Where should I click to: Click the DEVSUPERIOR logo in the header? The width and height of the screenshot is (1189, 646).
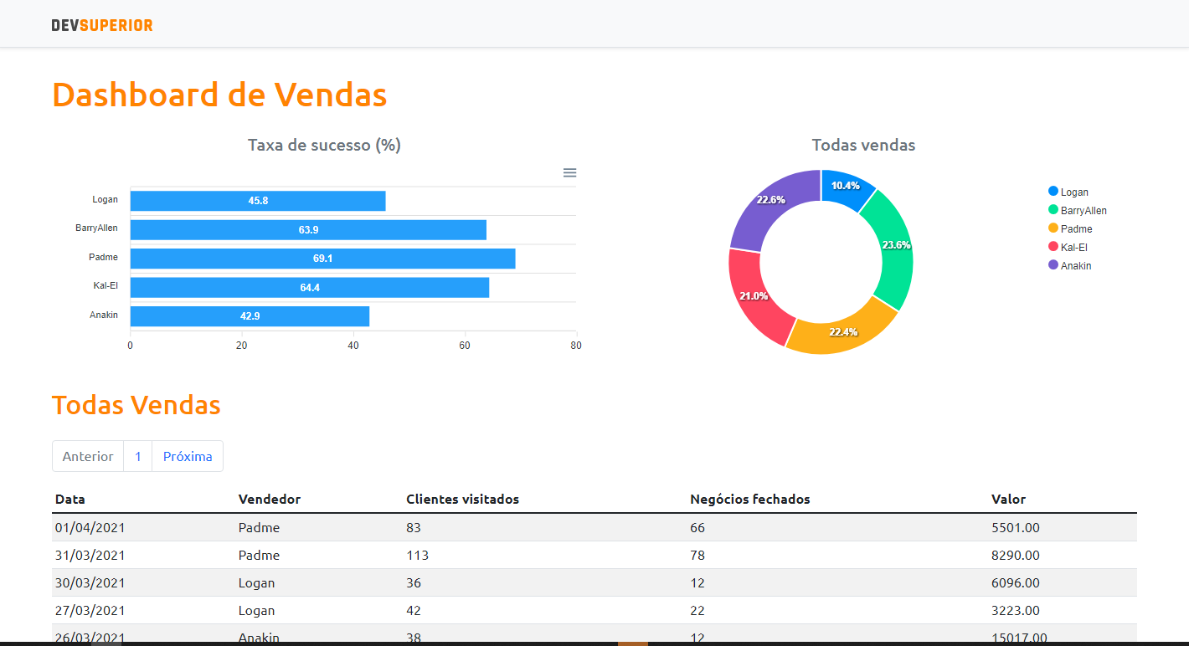coord(102,25)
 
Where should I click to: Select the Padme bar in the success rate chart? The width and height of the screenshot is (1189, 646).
coord(322,259)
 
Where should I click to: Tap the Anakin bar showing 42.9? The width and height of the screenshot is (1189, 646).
coord(250,316)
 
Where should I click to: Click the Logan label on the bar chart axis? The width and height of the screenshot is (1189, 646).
coord(105,200)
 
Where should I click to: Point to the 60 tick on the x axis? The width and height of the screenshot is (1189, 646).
coord(464,345)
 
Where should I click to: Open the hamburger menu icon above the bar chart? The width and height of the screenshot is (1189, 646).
coord(569,172)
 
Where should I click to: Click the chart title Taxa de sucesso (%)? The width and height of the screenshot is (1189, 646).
coord(324,145)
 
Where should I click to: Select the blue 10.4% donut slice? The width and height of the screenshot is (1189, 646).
coord(846,186)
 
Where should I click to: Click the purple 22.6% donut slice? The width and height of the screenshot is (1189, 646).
coord(771,201)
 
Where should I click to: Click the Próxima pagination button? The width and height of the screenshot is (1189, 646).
coord(188,456)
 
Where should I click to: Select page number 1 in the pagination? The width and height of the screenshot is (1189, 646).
coord(138,456)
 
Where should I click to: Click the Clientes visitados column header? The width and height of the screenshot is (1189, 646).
coord(462,500)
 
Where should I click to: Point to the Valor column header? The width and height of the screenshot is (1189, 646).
coord(1008,500)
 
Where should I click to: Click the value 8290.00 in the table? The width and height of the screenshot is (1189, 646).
coord(1015,556)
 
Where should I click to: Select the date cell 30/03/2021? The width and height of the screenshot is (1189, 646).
coord(90,583)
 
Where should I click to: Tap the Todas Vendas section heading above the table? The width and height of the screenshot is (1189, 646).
coord(136,405)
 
